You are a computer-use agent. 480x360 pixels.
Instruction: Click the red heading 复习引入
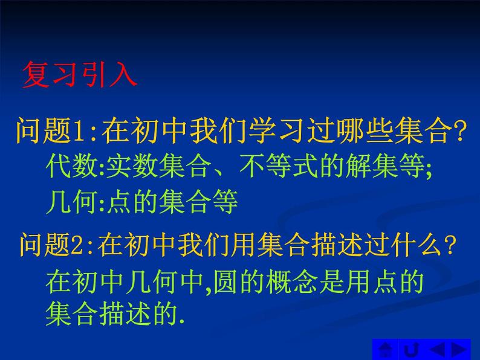click(x=79, y=76)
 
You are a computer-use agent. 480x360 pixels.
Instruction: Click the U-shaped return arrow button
click(x=412, y=349)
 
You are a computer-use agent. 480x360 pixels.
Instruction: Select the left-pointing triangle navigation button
click(x=437, y=349)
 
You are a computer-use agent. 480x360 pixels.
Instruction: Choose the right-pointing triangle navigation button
click(x=460, y=349)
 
